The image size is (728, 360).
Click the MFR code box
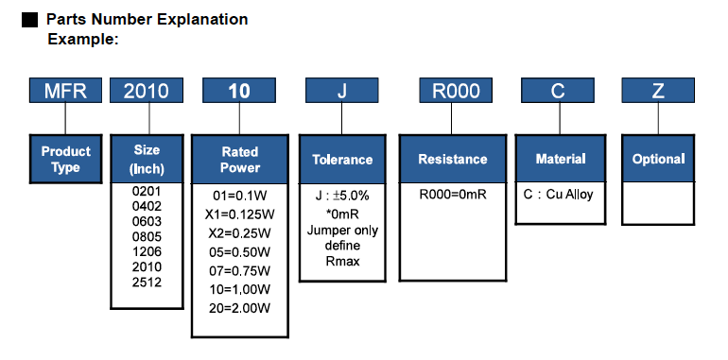click(x=65, y=91)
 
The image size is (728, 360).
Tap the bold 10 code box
click(x=239, y=91)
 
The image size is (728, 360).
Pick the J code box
click(x=342, y=91)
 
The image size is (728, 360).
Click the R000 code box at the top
click(x=456, y=91)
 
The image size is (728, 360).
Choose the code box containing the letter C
click(x=558, y=91)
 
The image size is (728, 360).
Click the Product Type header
click(x=66, y=159)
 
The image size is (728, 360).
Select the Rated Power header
click(x=240, y=160)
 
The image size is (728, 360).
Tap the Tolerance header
click(x=342, y=160)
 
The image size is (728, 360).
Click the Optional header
click(x=658, y=160)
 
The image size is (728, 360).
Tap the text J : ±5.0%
click(x=342, y=196)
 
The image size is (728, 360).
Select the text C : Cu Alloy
click(x=558, y=196)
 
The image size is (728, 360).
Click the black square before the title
click(x=29, y=19)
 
